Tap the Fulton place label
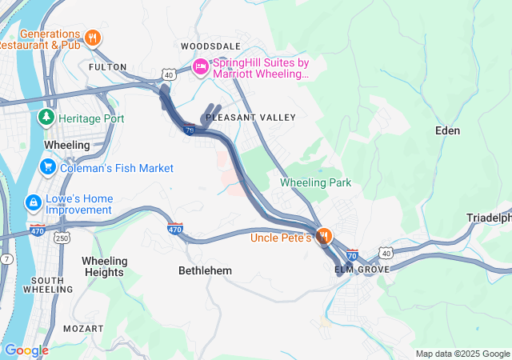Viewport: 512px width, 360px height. pyautogui.click(x=107, y=67)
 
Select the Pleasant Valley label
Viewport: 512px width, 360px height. pyautogui.click(x=250, y=118)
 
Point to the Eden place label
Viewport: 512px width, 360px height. pyautogui.click(x=447, y=130)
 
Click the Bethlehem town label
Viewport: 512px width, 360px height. pyautogui.click(x=205, y=271)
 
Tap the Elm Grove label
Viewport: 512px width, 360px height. pyautogui.click(x=362, y=270)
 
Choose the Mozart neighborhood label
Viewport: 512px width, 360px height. pyautogui.click(x=86, y=329)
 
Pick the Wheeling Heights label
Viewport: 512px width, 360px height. pyautogui.click(x=104, y=266)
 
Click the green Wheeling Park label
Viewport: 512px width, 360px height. pyautogui.click(x=315, y=183)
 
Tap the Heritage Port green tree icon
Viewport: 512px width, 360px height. pyautogui.click(x=46, y=118)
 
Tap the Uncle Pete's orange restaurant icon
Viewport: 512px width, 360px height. pyautogui.click(x=324, y=237)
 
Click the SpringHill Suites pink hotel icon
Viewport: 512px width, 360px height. pyautogui.click(x=199, y=68)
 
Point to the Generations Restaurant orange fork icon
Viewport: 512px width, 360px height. pyautogui.click(x=94, y=37)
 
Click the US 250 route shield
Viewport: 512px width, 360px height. pyautogui.click(x=62, y=238)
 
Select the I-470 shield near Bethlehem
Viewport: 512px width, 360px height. pyautogui.click(x=175, y=229)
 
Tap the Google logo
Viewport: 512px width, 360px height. pyautogui.click(x=26, y=350)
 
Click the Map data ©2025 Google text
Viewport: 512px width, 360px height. pyautogui.click(x=462, y=354)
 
